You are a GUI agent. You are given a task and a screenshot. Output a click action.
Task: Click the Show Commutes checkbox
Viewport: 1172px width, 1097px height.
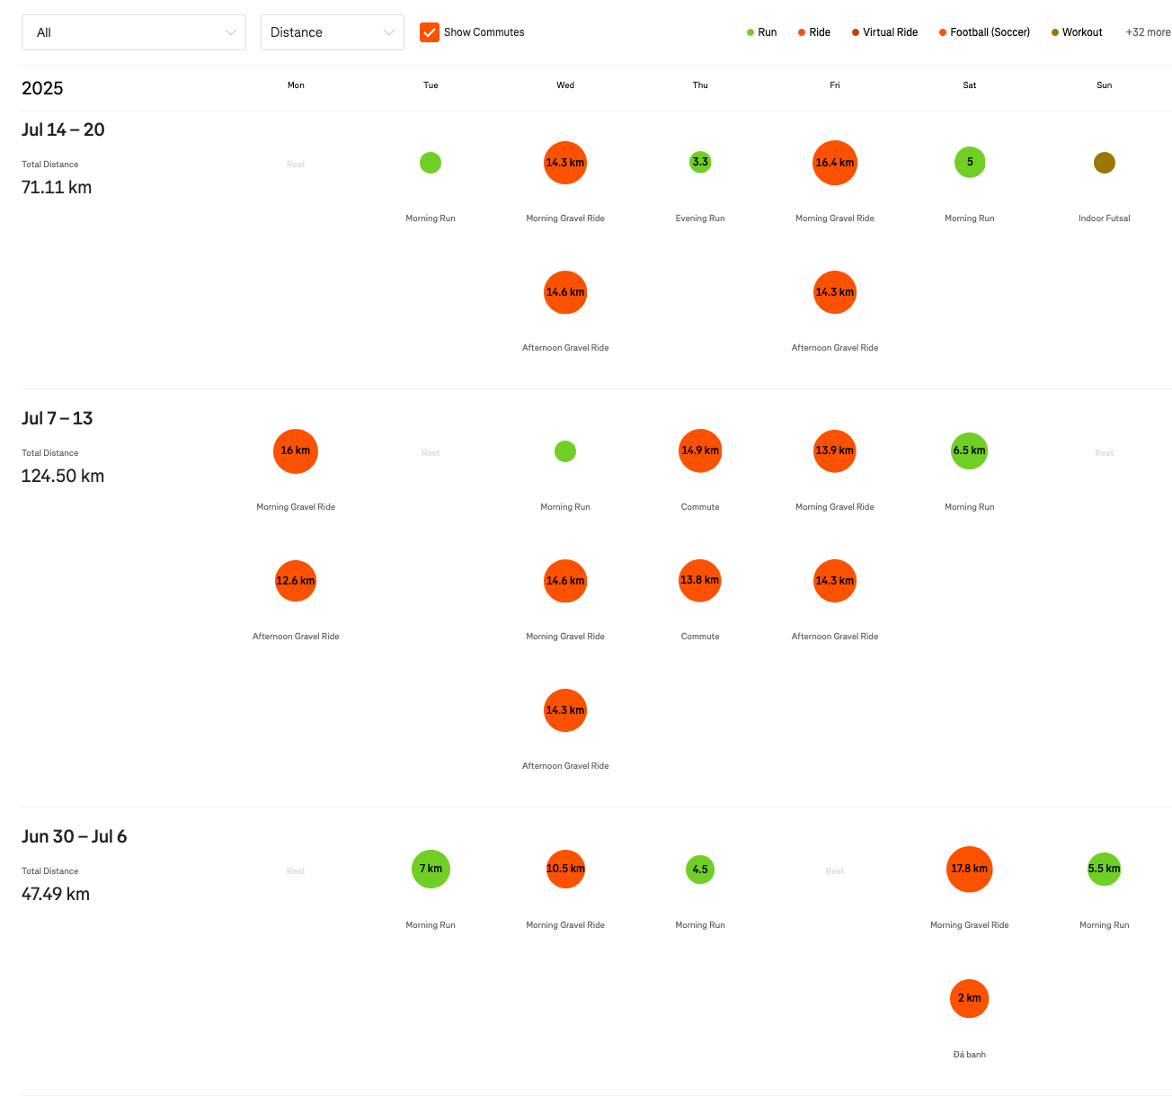coord(430,32)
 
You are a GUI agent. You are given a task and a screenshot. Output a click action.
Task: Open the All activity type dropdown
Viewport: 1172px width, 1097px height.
coord(134,32)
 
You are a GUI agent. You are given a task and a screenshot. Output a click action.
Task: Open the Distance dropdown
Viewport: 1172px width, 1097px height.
coord(332,32)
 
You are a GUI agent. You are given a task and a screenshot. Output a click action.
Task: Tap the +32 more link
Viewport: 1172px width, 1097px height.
coord(1148,32)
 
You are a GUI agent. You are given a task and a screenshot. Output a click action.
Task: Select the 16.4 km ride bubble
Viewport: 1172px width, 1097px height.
coord(835,163)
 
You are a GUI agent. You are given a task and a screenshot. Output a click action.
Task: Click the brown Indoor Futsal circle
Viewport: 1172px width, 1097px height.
coord(1105,163)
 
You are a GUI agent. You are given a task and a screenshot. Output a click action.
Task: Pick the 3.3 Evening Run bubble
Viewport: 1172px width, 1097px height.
coord(700,162)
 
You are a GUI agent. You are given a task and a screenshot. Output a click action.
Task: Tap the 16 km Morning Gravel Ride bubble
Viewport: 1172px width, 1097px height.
coord(296,450)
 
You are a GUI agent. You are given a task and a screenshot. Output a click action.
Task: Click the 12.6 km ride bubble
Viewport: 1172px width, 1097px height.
coord(296,581)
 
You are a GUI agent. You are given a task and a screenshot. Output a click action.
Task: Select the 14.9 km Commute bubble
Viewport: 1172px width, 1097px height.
coord(700,450)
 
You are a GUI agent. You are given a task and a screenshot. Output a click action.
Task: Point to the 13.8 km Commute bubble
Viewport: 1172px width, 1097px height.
coord(700,580)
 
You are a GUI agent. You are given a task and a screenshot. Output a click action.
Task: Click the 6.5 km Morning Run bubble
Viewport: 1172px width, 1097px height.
coord(970,450)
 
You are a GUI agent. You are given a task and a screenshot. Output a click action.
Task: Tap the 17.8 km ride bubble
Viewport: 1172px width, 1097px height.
coord(970,869)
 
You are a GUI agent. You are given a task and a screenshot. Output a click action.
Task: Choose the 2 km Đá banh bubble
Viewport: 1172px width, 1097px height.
coord(969,998)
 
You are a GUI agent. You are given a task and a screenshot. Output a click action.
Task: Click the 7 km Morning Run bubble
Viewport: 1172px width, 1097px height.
coord(431,869)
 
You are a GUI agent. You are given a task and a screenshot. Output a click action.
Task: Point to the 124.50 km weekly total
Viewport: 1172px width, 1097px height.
coord(63,476)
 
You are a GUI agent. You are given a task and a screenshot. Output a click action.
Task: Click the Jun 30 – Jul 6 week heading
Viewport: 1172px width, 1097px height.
coord(75,836)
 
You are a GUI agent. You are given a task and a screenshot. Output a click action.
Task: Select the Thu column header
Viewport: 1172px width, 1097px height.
coord(700,85)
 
